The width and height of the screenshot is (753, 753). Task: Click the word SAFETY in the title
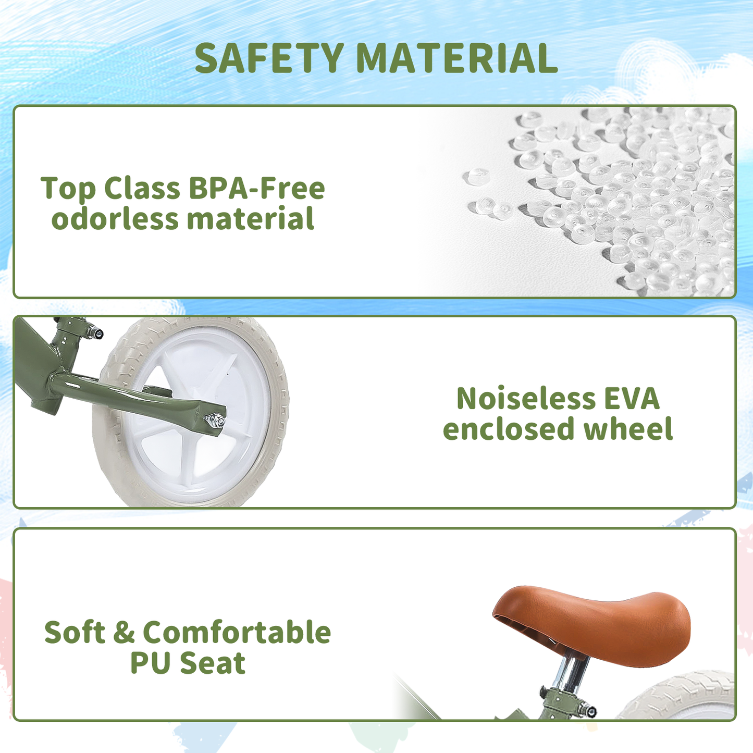point(269,58)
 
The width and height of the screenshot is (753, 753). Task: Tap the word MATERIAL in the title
point(456,58)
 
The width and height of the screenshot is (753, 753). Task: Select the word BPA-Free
point(257,188)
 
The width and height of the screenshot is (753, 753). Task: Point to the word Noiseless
point(526,399)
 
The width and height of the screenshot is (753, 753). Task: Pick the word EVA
point(632,399)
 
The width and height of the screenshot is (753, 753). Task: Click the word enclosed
point(508,428)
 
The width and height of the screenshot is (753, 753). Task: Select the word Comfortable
point(237,632)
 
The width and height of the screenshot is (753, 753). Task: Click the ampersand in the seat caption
point(124,632)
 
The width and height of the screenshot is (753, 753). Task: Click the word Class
point(142,188)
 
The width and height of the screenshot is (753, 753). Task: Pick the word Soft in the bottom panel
point(75,632)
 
